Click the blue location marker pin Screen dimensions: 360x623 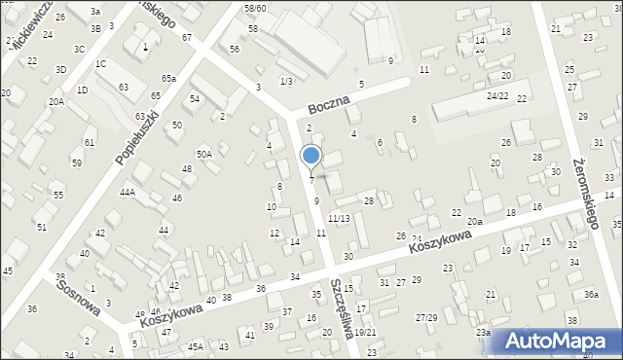click(x=311, y=157)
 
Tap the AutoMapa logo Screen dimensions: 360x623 click(x=559, y=342)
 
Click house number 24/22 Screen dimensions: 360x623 click(x=497, y=96)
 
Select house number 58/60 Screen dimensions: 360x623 click(x=254, y=8)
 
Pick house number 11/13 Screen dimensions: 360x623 click(x=339, y=218)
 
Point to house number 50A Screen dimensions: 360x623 click(x=203, y=154)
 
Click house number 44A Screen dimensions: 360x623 click(x=127, y=193)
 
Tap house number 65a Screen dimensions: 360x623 click(x=169, y=78)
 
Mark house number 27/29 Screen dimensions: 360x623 click(x=426, y=318)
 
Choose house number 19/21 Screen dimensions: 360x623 click(x=365, y=332)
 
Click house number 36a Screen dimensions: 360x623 click(x=591, y=295)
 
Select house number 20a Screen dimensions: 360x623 click(x=474, y=222)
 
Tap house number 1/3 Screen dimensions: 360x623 click(x=286, y=81)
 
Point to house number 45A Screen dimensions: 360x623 click(x=196, y=346)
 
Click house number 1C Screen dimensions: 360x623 click(x=100, y=64)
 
